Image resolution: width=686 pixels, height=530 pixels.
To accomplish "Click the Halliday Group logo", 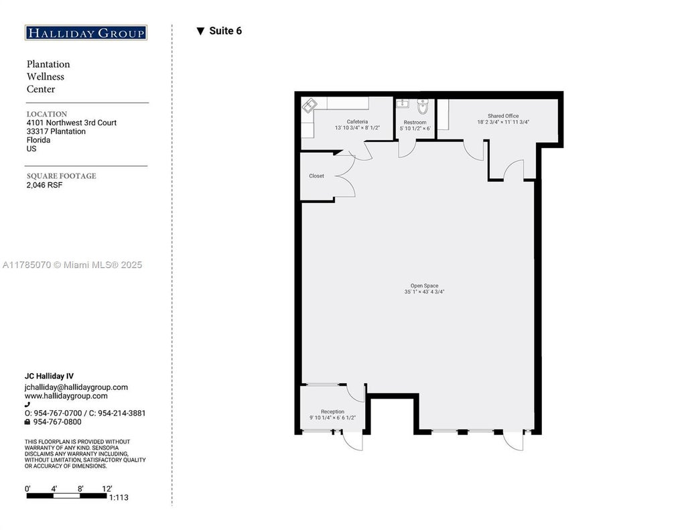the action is pyautogui.click(x=86, y=33).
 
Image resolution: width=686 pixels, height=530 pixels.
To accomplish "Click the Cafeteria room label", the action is pyautogui.click(x=357, y=122).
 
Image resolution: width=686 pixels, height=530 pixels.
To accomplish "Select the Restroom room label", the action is pyautogui.click(x=415, y=123).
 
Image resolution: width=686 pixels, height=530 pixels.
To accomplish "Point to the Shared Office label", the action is pyautogui.click(x=503, y=116).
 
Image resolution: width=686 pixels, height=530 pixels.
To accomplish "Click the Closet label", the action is pyautogui.click(x=316, y=176).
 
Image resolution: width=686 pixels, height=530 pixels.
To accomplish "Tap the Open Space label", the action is pyautogui.click(x=424, y=286).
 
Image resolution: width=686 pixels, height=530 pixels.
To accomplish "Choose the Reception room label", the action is pyautogui.click(x=332, y=412).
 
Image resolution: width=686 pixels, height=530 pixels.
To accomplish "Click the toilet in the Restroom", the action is pyautogui.click(x=423, y=106).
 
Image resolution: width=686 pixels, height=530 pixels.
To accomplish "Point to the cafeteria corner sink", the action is pyautogui.click(x=310, y=105).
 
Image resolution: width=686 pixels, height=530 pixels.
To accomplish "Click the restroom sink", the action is pyautogui.click(x=403, y=103).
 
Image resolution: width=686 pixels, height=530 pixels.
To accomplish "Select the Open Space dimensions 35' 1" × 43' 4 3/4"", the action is pyautogui.click(x=424, y=292).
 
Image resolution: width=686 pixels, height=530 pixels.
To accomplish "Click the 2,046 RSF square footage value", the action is pyautogui.click(x=44, y=185).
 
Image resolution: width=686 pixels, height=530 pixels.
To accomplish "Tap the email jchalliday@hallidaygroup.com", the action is pyautogui.click(x=76, y=387).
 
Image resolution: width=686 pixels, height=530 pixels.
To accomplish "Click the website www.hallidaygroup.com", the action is pyautogui.click(x=66, y=396).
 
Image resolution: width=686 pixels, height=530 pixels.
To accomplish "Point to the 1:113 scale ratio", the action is pyautogui.click(x=119, y=498).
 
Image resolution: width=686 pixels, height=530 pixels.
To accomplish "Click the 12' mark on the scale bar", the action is pyautogui.click(x=107, y=489).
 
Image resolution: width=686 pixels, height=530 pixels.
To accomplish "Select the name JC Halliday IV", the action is pyautogui.click(x=49, y=377).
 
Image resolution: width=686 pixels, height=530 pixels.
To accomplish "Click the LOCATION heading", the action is pyautogui.click(x=47, y=114).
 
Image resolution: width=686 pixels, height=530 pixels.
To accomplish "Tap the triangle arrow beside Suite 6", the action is pyautogui.click(x=200, y=31).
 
